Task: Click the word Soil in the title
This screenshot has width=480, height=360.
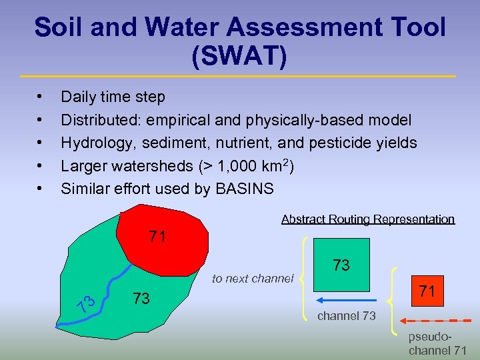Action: tap(61, 27)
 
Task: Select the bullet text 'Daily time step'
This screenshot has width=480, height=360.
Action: tap(113, 97)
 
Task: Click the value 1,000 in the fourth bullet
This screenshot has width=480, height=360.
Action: tap(217, 166)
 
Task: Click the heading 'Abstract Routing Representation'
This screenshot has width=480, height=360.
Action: tap(367, 219)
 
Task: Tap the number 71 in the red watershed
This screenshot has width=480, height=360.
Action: tap(157, 237)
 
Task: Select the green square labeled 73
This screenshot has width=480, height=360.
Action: tap(341, 265)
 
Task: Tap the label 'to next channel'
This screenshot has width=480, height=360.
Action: tap(252, 279)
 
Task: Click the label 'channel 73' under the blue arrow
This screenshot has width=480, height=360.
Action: tap(346, 315)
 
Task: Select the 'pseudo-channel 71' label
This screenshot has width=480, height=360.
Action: tap(437, 344)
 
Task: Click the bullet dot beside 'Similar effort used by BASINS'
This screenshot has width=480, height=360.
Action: tap(42, 189)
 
